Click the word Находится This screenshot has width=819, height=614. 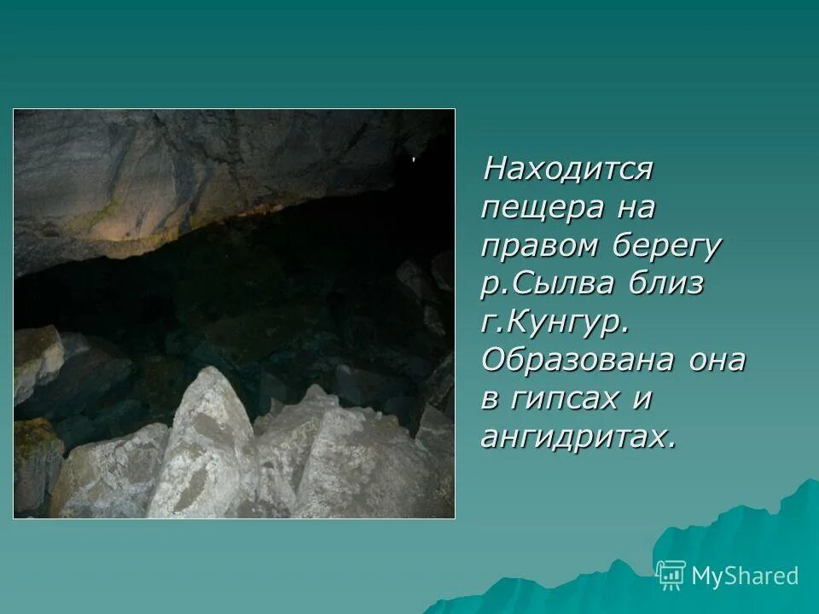567,169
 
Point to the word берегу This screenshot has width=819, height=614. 668,246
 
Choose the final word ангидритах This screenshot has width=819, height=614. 578,437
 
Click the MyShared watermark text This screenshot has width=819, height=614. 745,576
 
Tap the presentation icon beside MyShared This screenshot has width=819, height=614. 671,576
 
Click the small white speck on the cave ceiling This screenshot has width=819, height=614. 414,159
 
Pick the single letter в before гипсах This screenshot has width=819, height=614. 492,399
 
